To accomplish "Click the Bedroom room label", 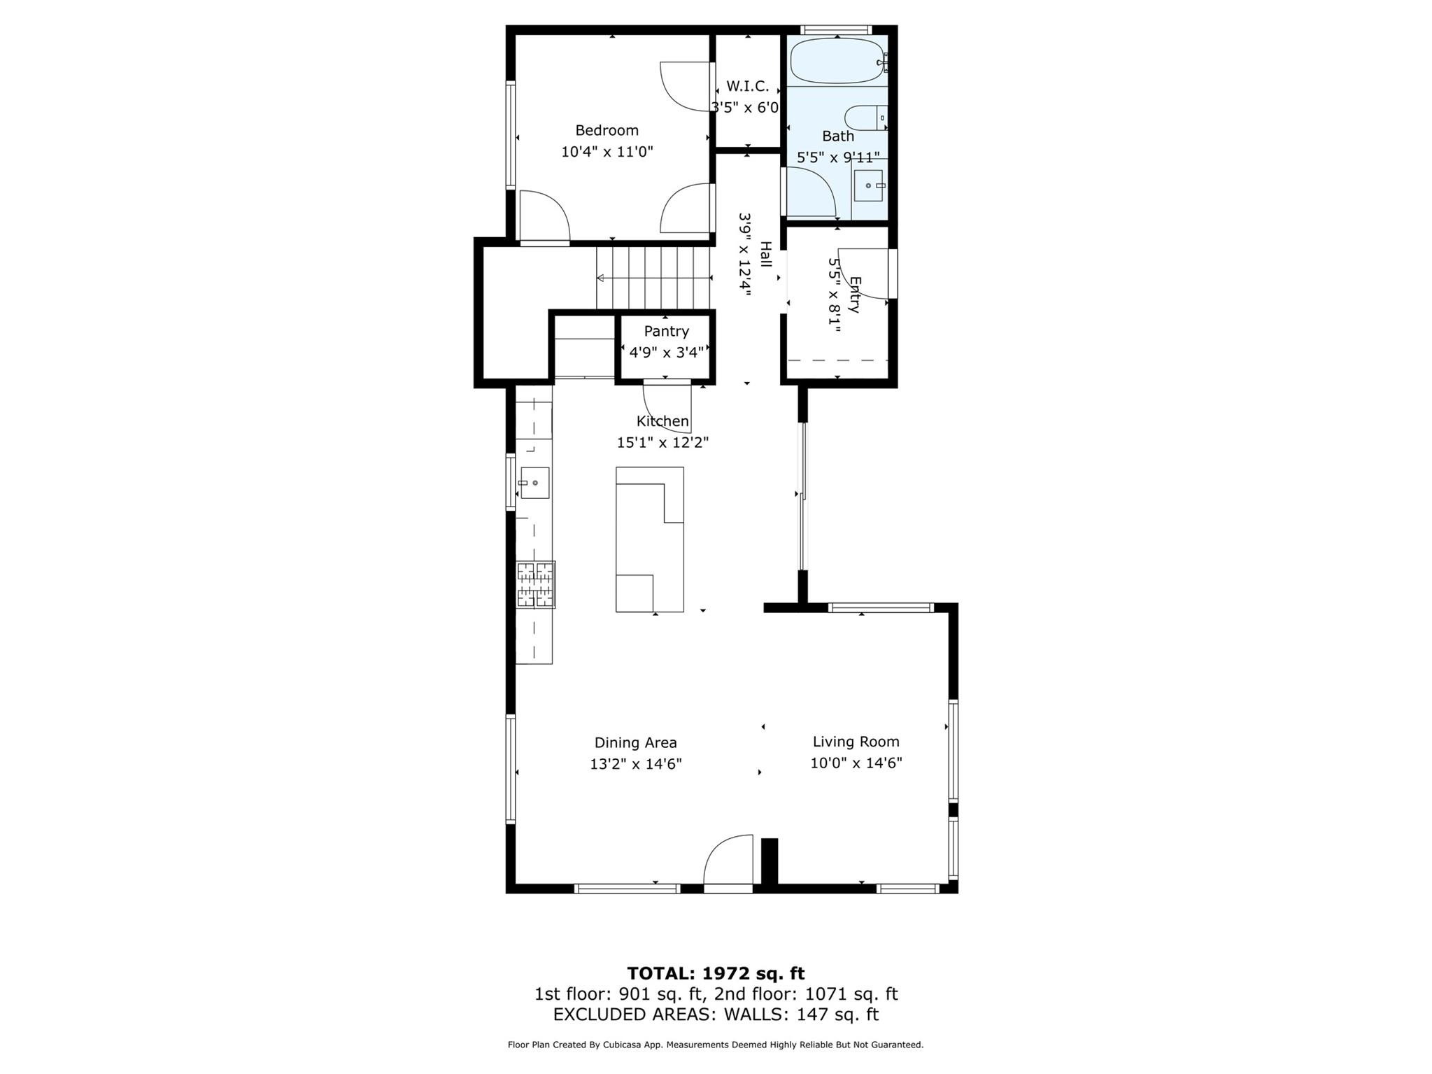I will pos(607,130).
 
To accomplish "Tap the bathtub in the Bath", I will pos(837,61).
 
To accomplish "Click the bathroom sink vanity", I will pos(869,185).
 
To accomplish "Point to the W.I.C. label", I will pos(747,86).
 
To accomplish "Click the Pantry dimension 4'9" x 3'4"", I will pos(666,352).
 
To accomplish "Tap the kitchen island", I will pos(649,539).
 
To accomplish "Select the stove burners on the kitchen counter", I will pos(536,584).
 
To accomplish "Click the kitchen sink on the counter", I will pos(534,483).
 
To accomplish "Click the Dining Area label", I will pos(635,742).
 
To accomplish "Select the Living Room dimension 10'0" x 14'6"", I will pos(856,763).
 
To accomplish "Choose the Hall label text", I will pos(765,255).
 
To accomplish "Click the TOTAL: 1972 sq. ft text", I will pos(716,973).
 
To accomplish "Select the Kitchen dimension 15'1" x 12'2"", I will pos(662,442).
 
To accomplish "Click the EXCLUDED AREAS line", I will pos(716,1014).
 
